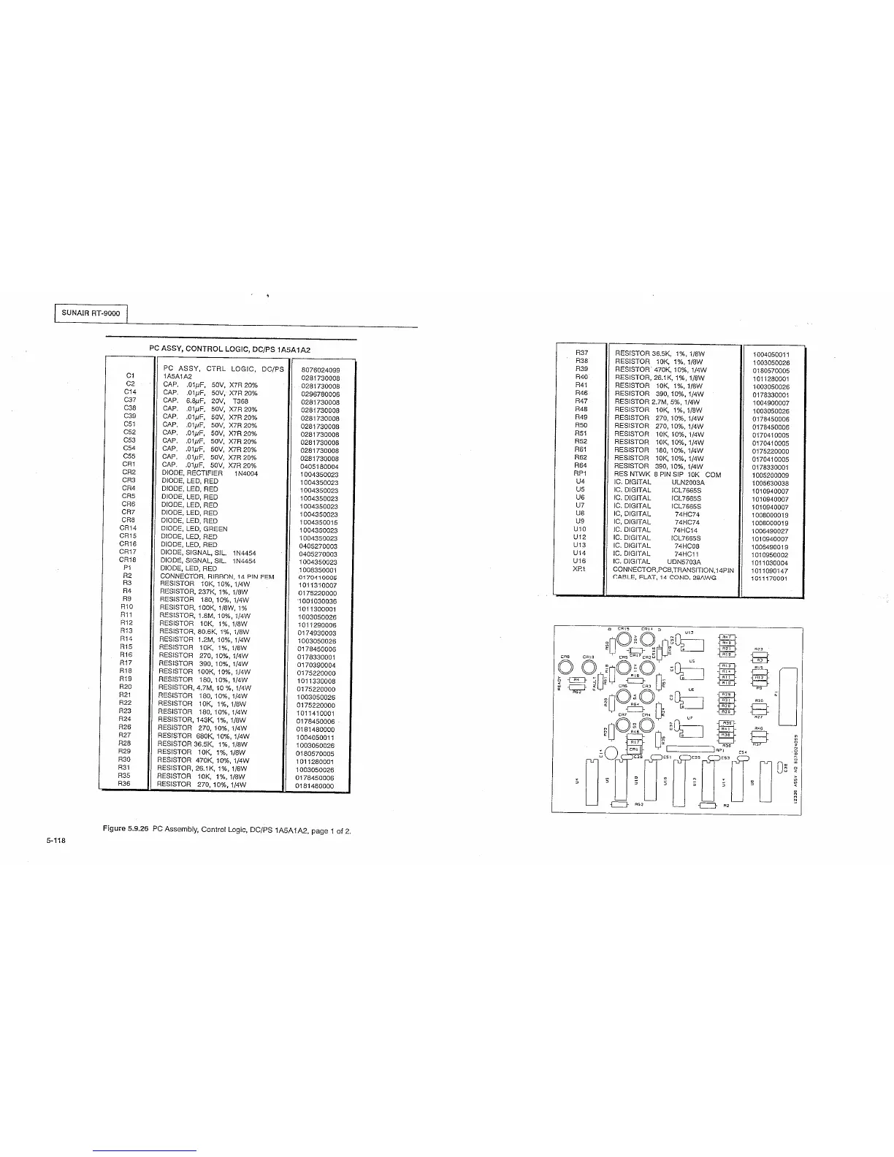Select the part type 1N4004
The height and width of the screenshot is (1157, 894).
(x=246, y=473)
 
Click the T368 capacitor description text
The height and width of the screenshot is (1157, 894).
(x=241, y=401)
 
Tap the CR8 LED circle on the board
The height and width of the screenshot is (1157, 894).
(x=565, y=668)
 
